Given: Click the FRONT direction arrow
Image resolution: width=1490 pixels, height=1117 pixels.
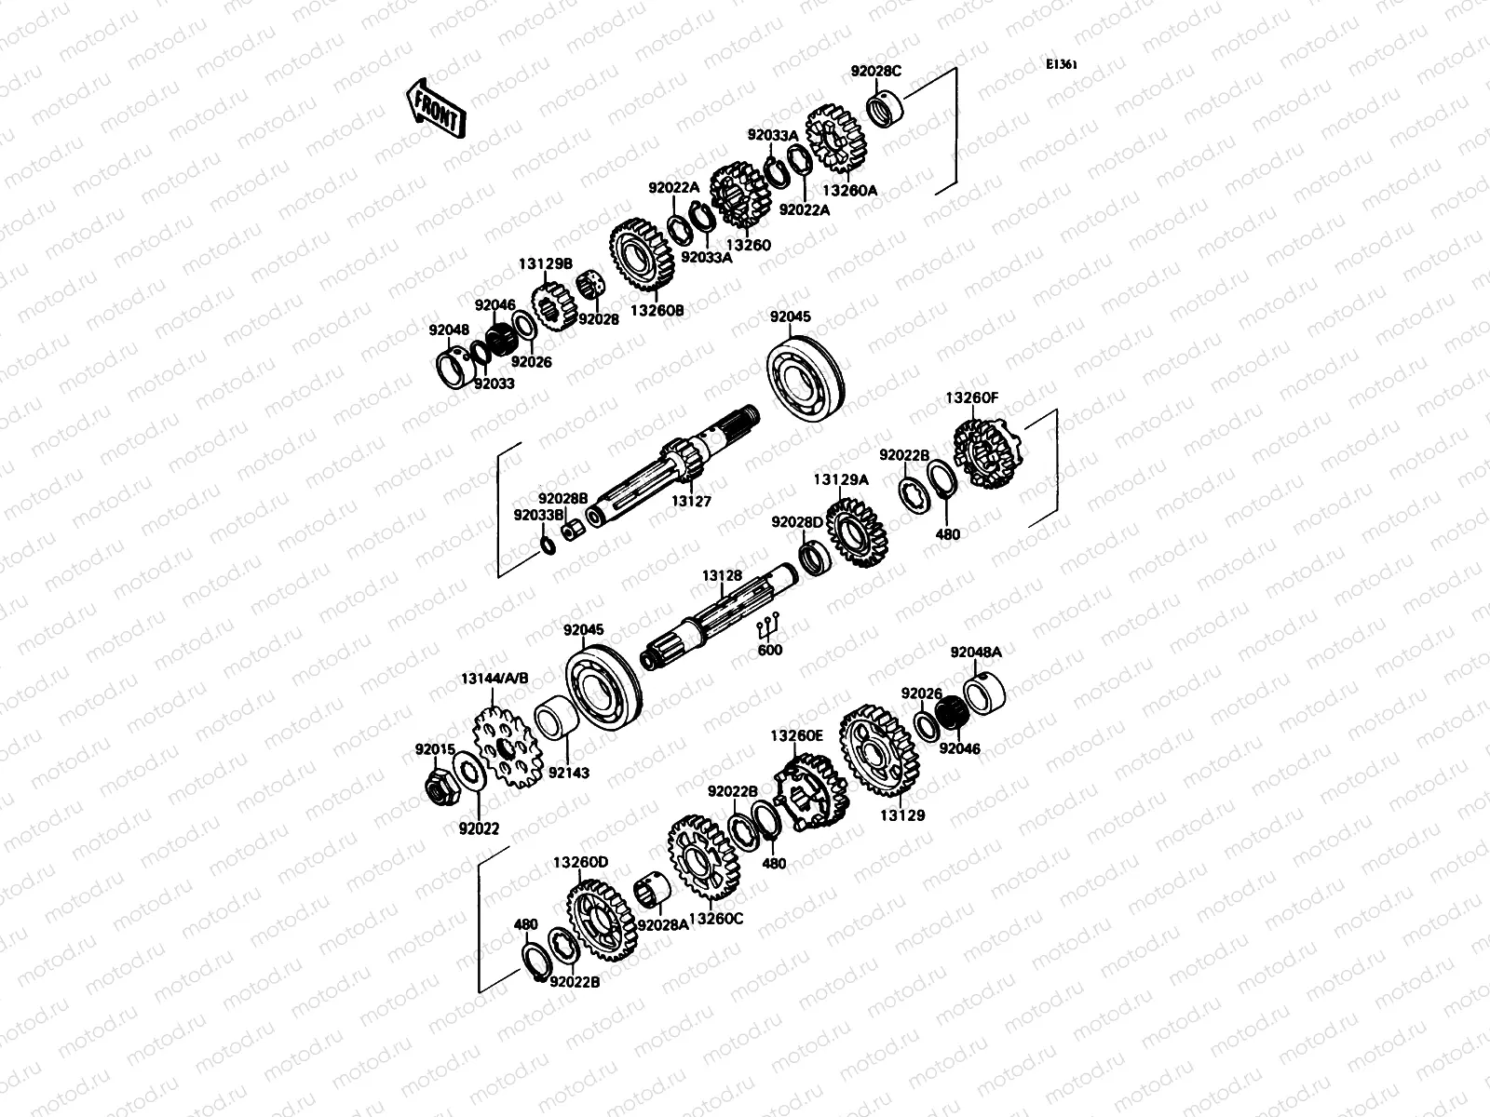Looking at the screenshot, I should pos(435,108).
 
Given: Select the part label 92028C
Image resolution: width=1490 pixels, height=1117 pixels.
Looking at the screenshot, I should pos(875,71).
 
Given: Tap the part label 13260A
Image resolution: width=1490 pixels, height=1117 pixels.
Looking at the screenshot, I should pos(850,190).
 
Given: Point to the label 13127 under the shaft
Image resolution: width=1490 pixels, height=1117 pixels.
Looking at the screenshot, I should pos(691,501).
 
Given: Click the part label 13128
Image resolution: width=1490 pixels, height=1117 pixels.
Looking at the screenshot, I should pos(722,576).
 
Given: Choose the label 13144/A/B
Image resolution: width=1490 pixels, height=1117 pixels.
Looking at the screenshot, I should pos(494,679).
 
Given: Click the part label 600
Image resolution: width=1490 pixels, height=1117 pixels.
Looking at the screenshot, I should pos(770,650).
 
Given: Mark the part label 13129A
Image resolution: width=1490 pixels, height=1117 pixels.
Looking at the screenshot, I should pos(840,479).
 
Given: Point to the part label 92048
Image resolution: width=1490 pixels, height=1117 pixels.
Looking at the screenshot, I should pos(449,330).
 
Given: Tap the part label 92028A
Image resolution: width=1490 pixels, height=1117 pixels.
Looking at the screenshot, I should pos(662,924).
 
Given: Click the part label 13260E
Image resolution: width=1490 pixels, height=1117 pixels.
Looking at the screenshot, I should pos(796,735).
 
